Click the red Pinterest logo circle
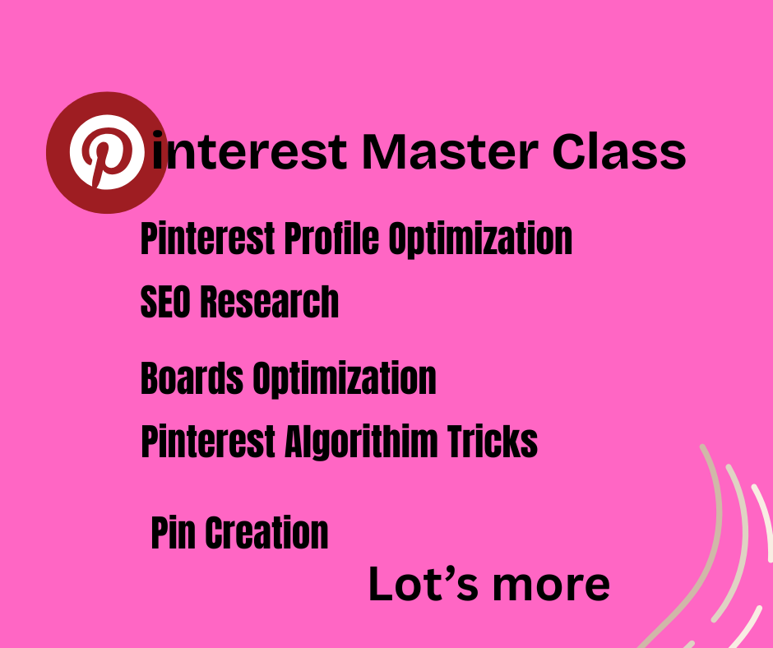click(x=107, y=152)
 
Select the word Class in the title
click(x=618, y=151)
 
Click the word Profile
click(x=331, y=238)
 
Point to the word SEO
click(x=165, y=301)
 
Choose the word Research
click(x=269, y=301)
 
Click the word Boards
click(x=192, y=377)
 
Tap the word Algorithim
click(x=361, y=441)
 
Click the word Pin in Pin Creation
click(x=173, y=533)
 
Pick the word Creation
click(x=266, y=533)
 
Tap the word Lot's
click(x=424, y=585)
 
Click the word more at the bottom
click(x=551, y=586)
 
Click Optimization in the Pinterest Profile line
click(x=480, y=239)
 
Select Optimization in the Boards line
click(x=345, y=379)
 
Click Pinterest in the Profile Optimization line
click(x=207, y=238)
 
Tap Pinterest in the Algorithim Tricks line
click(x=208, y=441)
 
